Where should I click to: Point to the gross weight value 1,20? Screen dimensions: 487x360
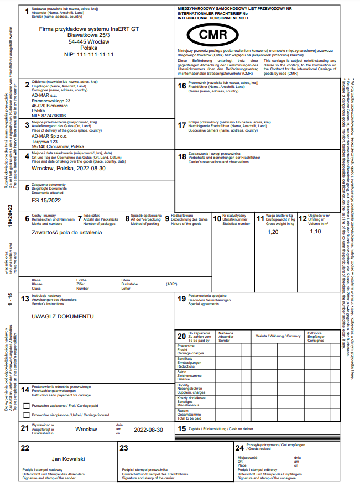tap(273, 232)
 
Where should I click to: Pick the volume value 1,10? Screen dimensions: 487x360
tap(315, 232)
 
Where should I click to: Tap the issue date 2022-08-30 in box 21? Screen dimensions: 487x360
tap(148, 429)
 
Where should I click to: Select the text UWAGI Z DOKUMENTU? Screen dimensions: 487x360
tap(62, 317)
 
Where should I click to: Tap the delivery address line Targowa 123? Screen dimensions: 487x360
tap(45, 142)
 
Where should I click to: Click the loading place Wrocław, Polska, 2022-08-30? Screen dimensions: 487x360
tap(69, 168)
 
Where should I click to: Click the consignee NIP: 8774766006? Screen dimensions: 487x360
tap(49, 116)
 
